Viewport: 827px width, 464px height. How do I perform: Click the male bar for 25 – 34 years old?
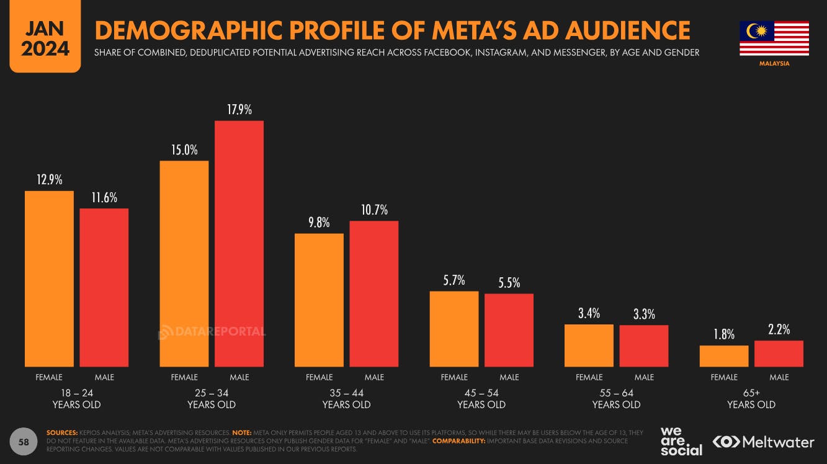point(239,243)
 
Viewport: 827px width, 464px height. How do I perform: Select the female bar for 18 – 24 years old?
point(49,279)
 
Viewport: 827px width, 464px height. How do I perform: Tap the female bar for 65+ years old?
point(724,356)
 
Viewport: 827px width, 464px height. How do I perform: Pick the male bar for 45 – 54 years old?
point(509,330)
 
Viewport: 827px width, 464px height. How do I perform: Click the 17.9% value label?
point(239,110)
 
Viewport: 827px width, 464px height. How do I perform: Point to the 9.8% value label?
point(319,223)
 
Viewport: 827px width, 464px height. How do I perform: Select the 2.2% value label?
point(779,330)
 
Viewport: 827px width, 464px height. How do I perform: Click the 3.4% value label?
point(589,313)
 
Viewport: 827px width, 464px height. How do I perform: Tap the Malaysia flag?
point(774,38)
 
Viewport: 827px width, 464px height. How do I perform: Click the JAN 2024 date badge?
point(45,39)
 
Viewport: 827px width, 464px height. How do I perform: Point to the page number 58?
point(24,442)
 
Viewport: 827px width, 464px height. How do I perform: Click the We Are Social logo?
point(681,441)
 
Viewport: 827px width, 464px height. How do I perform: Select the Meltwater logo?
point(763,442)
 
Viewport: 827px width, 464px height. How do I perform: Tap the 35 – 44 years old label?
point(346,398)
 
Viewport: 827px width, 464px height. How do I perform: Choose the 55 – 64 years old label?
point(616,398)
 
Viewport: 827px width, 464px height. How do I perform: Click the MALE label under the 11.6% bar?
point(104,377)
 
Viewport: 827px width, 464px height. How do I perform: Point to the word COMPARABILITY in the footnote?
point(458,441)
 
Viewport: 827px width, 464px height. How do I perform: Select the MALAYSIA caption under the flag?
point(774,63)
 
